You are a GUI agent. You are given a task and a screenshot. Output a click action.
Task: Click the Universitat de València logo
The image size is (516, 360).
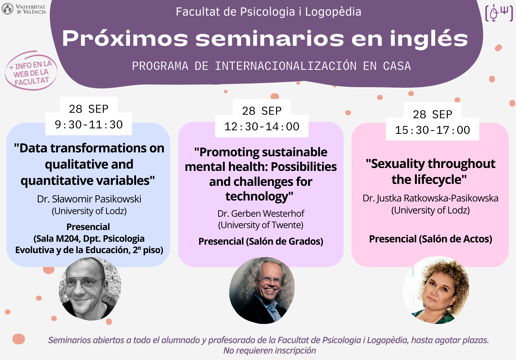click(x=24, y=9)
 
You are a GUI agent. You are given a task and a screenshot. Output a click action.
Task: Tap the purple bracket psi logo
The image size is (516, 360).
click(x=499, y=13)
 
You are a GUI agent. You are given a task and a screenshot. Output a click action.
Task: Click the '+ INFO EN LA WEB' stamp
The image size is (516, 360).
click(x=31, y=71)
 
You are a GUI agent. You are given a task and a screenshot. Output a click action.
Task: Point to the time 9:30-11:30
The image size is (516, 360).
click(x=89, y=124)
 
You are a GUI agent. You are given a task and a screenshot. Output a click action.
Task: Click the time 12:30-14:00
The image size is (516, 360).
click(x=262, y=127)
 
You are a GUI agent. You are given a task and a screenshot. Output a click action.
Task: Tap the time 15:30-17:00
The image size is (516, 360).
click(x=432, y=130)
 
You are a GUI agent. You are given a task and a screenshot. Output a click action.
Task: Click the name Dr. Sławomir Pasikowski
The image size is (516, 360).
click(x=89, y=199)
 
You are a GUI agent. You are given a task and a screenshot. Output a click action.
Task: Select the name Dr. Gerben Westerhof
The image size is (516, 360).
click(x=261, y=213)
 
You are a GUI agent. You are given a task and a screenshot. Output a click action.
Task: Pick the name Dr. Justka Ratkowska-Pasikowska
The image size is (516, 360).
click(x=430, y=198)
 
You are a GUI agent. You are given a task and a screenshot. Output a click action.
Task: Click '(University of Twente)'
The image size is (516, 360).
click(x=261, y=225)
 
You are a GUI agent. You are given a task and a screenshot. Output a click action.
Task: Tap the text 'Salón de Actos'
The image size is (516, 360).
click(x=455, y=239)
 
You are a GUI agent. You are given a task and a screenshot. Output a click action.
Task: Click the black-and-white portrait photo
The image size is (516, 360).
click(x=90, y=289)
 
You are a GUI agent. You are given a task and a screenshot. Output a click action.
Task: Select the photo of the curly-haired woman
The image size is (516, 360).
click(x=436, y=290)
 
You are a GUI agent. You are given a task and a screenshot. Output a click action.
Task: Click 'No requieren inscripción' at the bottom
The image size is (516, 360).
click(x=270, y=351)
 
